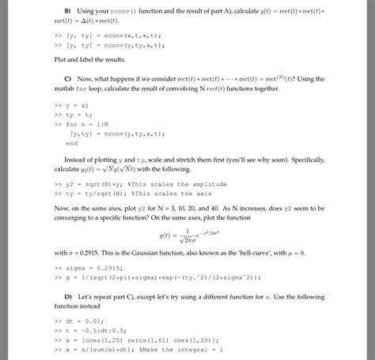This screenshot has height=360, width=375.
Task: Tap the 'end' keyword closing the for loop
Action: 71,144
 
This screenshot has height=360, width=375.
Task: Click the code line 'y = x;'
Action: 74,105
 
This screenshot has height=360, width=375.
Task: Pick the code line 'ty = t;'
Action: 76,115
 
